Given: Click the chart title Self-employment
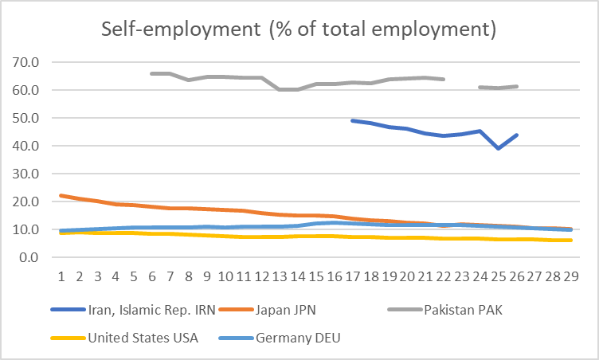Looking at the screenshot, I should coord(299,30).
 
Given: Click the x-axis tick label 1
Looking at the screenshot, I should coord(61,276).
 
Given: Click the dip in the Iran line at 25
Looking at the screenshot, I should coord(499,148).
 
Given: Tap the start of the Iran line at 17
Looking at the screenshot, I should coord(353,120).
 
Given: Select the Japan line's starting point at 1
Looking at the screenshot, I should coord(61,196).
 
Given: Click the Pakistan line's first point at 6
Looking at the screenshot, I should coord(151,73).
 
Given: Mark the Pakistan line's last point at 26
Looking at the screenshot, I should coord(517,86).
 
